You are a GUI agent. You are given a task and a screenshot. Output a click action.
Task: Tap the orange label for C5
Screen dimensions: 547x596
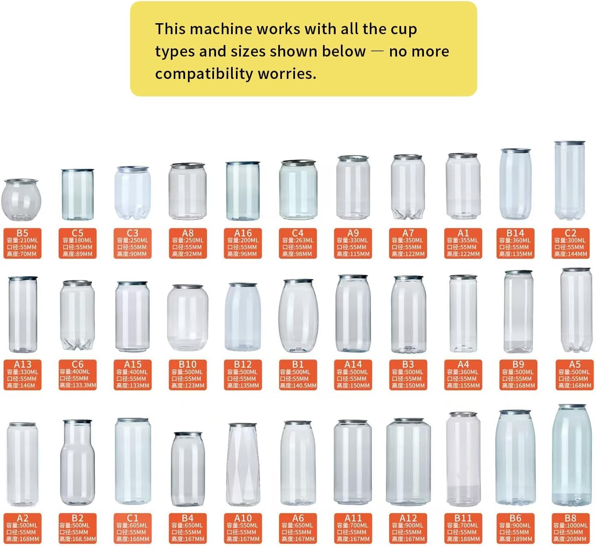[x=77, y=243]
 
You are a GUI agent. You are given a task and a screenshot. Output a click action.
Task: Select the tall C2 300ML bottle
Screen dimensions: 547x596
[x=570, y=181]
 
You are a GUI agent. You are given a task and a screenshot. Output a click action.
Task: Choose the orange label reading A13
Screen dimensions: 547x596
[x=22, y=375]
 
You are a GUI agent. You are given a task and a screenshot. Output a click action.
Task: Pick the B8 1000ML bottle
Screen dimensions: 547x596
[x=571, y=456]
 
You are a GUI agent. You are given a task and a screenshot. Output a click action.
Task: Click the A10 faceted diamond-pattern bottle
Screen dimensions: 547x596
[x=243, y=464]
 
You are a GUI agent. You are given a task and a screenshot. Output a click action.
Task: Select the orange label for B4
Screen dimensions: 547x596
[x=188, y=528]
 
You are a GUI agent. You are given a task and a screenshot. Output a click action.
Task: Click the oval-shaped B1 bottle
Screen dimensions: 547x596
[x=298, y=316]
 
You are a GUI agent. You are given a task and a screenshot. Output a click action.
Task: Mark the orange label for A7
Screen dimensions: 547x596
[x=408, y=243]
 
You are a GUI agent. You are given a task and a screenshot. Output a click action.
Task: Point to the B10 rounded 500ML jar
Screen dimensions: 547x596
[x=188, y=318]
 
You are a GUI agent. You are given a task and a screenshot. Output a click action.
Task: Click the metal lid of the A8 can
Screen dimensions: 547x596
[x=188, y=166]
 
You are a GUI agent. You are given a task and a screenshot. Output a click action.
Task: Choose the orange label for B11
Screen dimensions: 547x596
[x=463, y=528]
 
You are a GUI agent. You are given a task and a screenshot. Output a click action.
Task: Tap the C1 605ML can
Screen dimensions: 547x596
[x=133, y=462]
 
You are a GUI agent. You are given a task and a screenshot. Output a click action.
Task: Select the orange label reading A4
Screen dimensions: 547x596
[x=463, y=375]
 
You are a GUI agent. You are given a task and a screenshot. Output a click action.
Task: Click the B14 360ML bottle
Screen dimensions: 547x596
[x=515, y=184]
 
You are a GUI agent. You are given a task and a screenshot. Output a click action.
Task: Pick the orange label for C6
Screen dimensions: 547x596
[x=77, y=375]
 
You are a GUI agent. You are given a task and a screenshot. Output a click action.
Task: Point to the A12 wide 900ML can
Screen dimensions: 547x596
[x=408, y=462]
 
